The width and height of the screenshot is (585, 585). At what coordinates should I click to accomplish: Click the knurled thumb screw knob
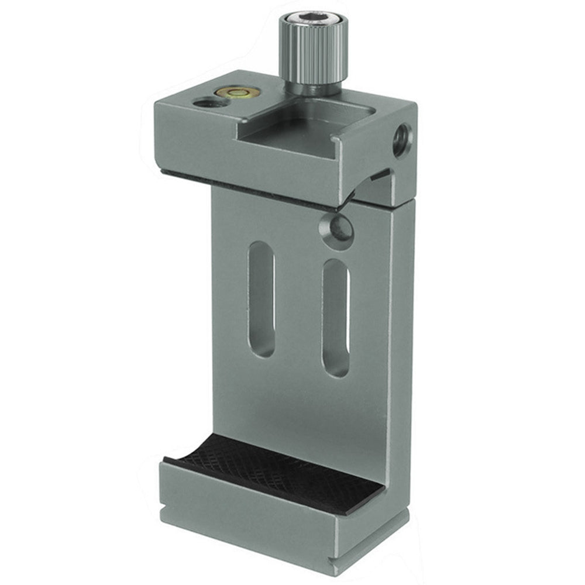(x=312, y=50)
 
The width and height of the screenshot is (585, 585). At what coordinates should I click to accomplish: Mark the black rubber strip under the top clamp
(x=246, y=185)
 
